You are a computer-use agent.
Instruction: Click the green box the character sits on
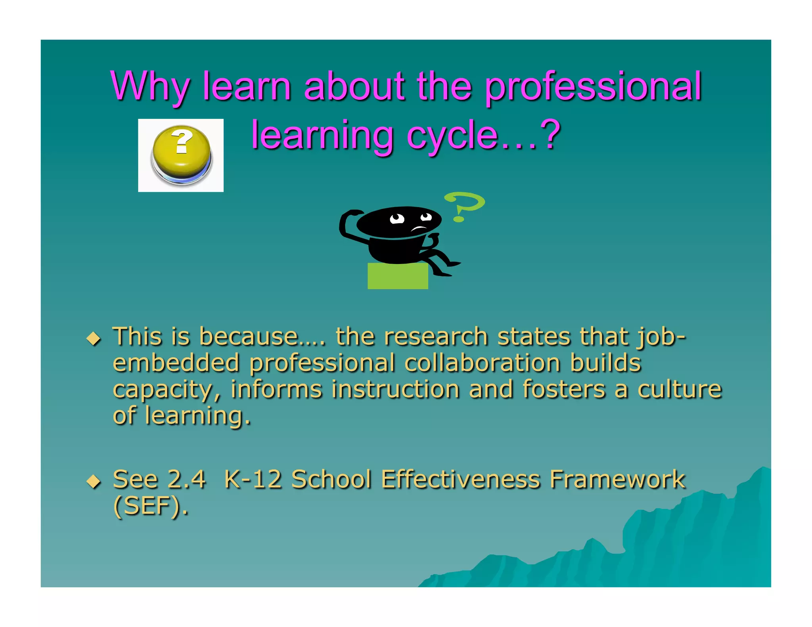pos(398,276)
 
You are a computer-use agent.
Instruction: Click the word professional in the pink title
pos(593,86)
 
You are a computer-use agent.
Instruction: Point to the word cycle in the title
pos(452,136)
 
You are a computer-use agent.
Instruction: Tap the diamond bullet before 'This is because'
pos(94,338)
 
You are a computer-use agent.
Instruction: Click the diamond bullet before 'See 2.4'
pos(94,481)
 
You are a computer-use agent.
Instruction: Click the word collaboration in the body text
pos(482,363)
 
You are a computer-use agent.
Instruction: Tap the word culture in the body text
pos(679,389)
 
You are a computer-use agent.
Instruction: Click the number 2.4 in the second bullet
pos(186,480)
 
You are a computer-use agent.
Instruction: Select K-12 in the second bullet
pos(253,480)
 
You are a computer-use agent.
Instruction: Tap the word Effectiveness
pos(460,480)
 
